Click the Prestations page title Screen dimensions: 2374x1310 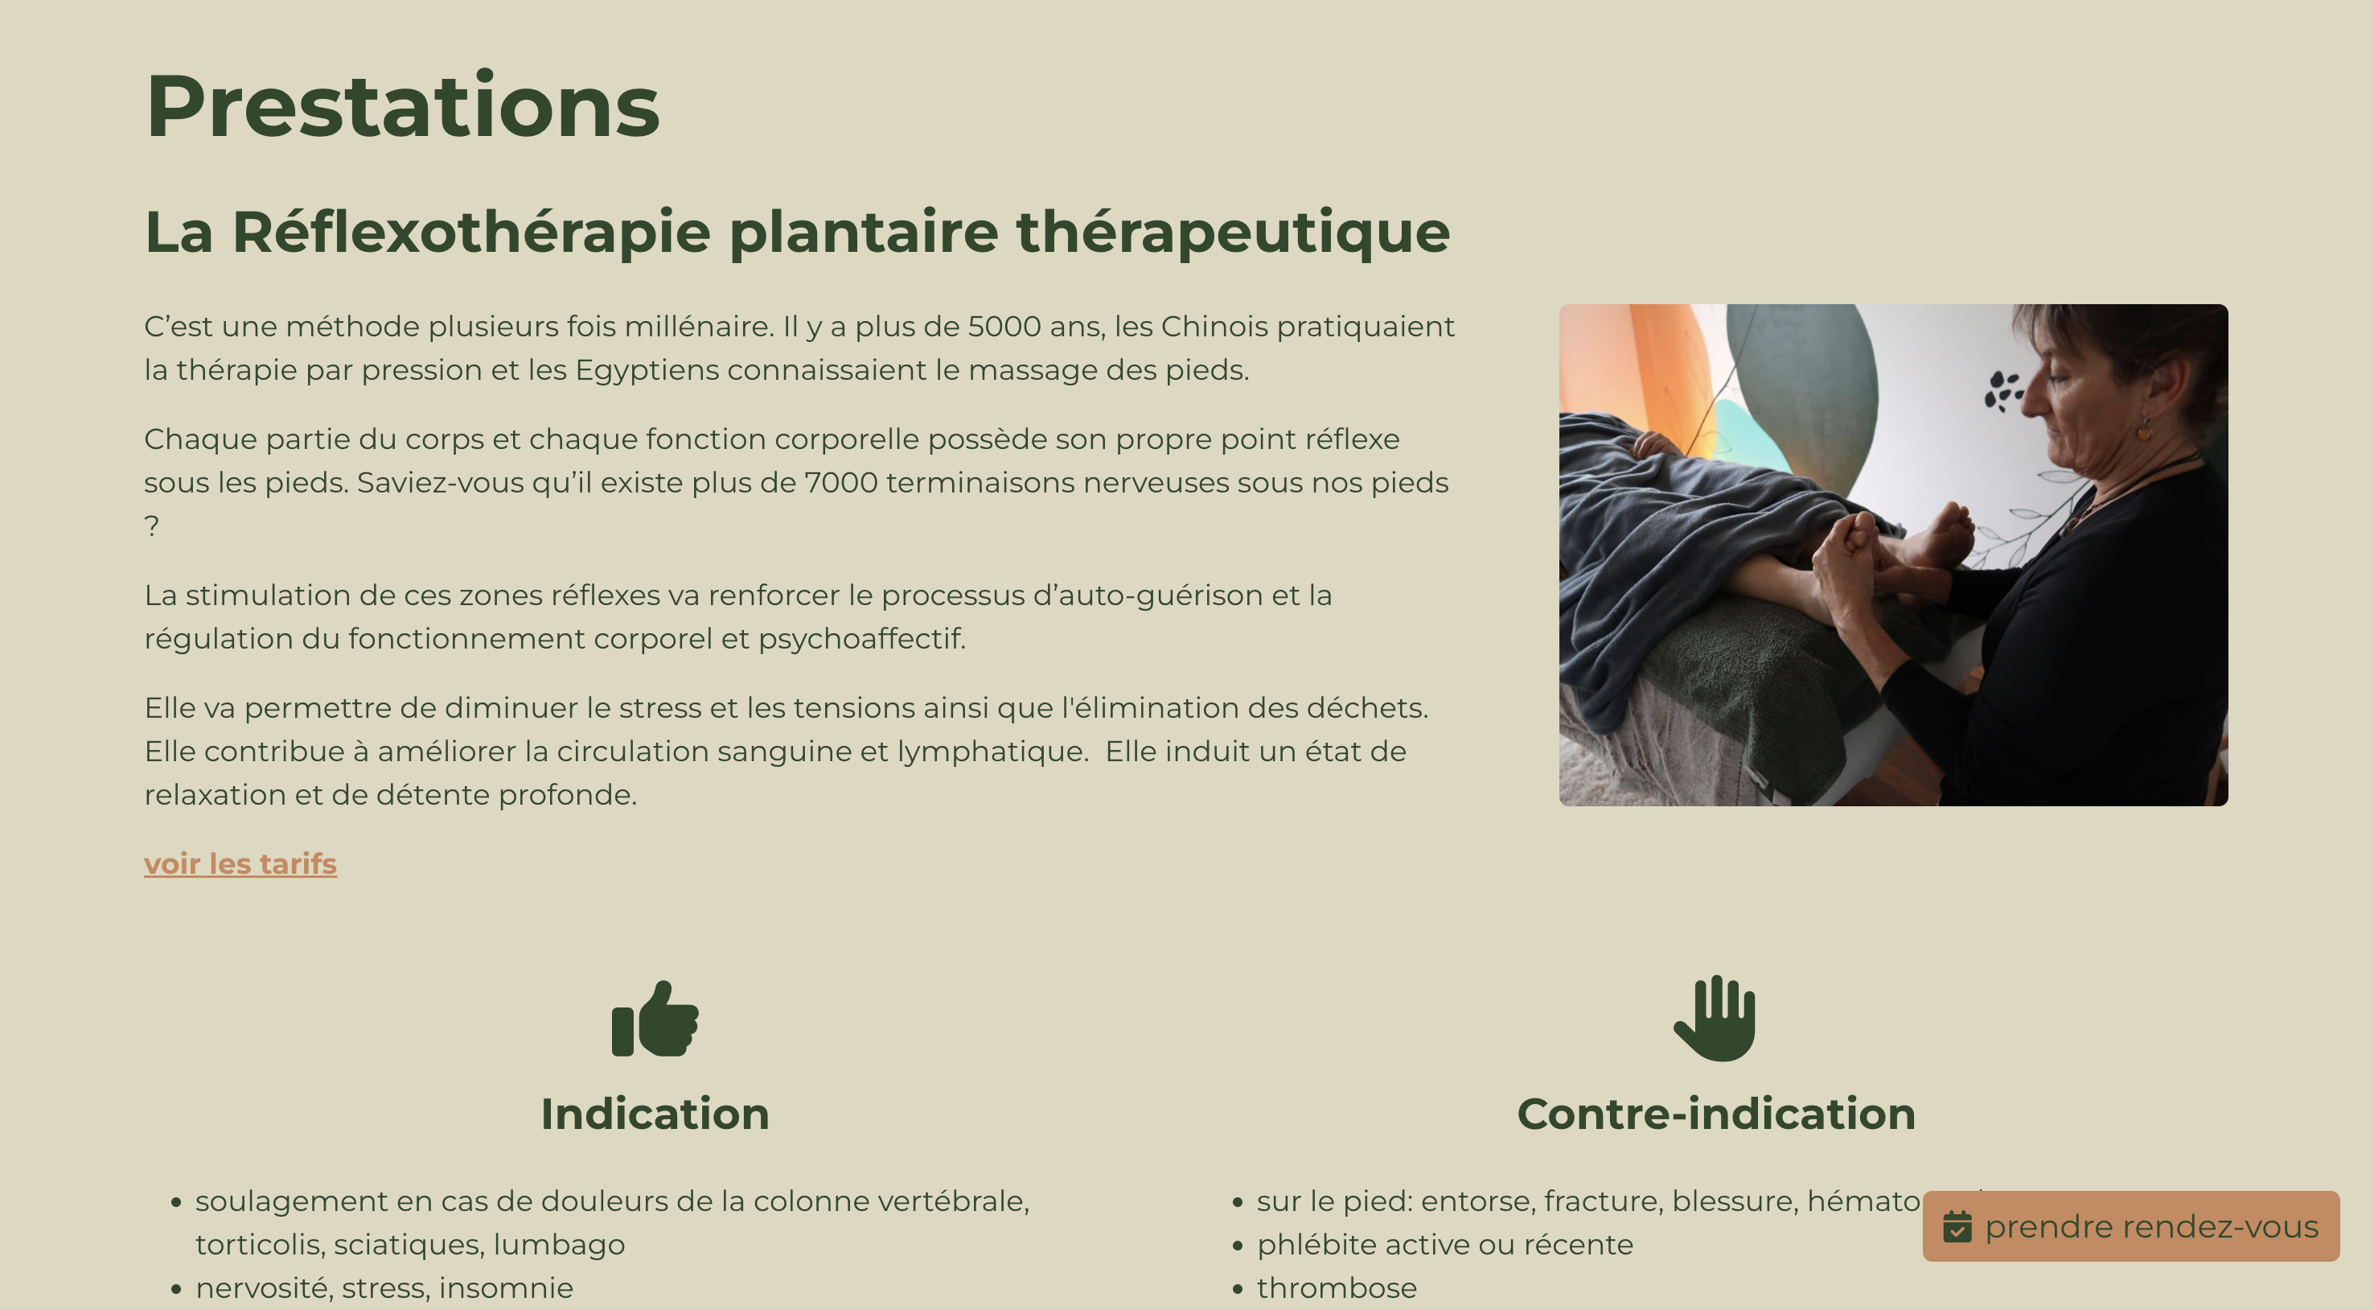pos(403,106)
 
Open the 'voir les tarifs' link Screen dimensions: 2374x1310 pos(240,863)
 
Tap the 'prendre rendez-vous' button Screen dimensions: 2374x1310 pos(2130,1226)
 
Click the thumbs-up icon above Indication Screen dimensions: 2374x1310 pos(655,1018)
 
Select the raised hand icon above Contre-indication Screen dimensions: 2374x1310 pos(1715,1019)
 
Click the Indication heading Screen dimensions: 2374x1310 pos(655,1114)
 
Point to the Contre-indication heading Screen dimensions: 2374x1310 pos(1716,1114)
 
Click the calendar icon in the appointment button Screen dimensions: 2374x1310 pos(1957,1227)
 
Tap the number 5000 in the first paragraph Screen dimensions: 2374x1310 pos(1004,327)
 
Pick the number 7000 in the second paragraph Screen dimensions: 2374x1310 pos(840,483)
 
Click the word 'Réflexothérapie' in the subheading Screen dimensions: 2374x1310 pos(471,232)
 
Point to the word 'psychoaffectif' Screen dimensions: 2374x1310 pos(861,639)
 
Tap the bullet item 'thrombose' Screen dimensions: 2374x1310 pos(1337,1288)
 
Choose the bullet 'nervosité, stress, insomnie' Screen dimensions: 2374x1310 pos(384,1288)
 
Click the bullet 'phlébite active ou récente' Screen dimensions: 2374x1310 pos(1444,1245)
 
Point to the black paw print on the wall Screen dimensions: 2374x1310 pos(2002,391)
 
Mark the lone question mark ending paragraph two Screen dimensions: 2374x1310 pos(152,526)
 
